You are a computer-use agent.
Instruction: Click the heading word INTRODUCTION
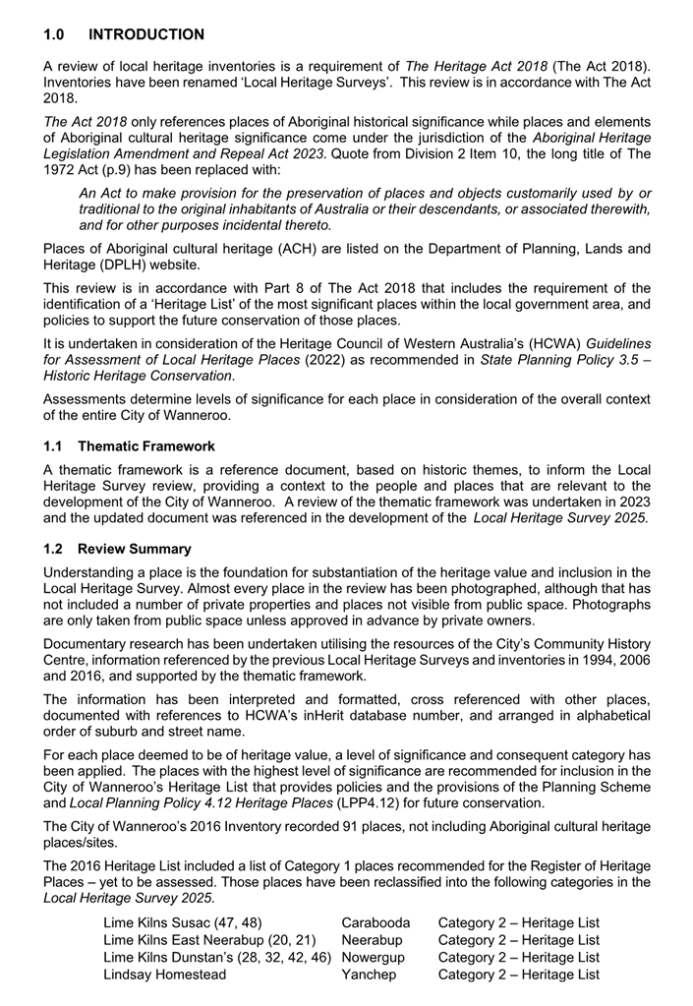point(146,34)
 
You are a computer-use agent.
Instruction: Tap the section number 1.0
point(54,34)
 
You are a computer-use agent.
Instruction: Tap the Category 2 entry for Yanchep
point(518,975)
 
